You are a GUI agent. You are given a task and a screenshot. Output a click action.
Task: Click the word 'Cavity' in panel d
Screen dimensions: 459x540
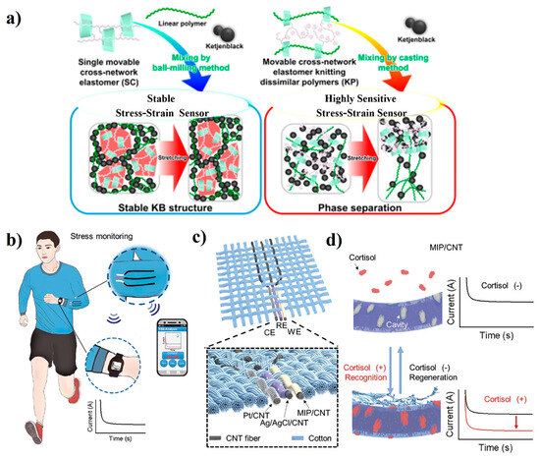tap(390, 322)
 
